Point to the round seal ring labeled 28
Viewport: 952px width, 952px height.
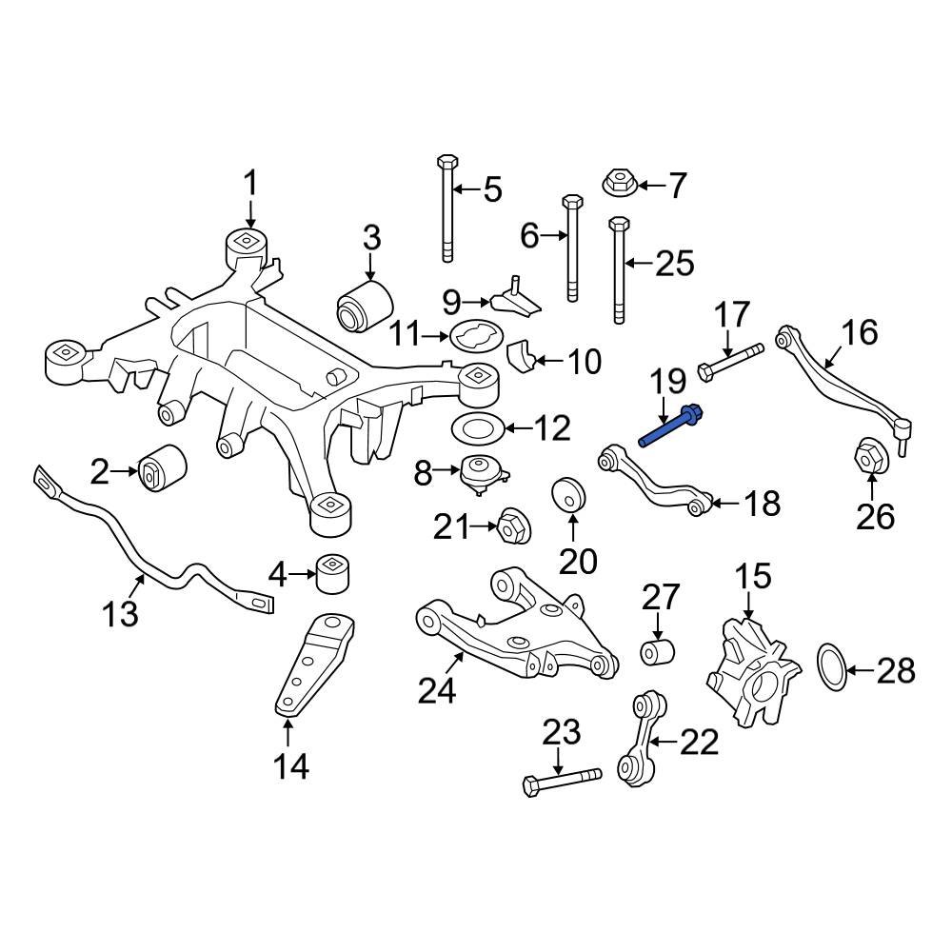pos(831,670)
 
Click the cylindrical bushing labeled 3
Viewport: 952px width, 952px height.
pos(365,304)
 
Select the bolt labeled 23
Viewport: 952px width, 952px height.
pos(561,778)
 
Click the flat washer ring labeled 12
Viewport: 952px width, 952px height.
pos(473,427)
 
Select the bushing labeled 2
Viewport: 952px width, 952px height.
pos(163,469)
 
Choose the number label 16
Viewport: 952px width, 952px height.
pos(859,333)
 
